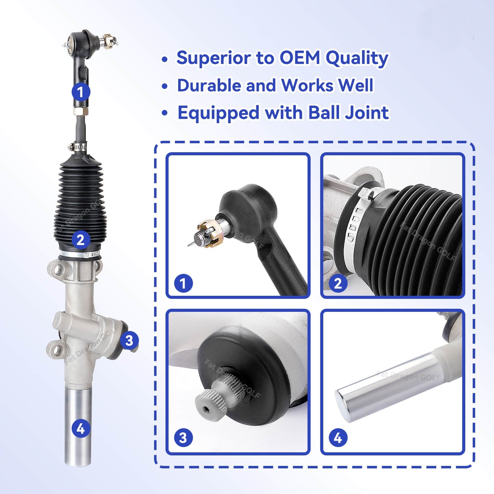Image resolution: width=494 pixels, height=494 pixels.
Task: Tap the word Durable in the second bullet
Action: [208, 85]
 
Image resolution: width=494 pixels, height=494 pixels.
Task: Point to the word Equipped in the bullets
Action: [218, 113]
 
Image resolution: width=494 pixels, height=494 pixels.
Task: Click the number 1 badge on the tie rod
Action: [81, 92]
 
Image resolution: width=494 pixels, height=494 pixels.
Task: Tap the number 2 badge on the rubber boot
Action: [81, 240]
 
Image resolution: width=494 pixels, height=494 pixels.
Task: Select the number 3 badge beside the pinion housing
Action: [129, 341]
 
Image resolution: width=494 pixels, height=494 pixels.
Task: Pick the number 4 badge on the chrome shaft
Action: [81, 429]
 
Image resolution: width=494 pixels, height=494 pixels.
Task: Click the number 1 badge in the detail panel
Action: [183, 283]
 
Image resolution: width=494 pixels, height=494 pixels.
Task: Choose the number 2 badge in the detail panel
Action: [338, 283]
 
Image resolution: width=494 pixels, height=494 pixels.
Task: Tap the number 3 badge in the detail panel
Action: [183, 437]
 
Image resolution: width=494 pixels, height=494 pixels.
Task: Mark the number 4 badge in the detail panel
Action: [338, 437]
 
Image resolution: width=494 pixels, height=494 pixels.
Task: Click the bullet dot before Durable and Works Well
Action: [165, 86]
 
